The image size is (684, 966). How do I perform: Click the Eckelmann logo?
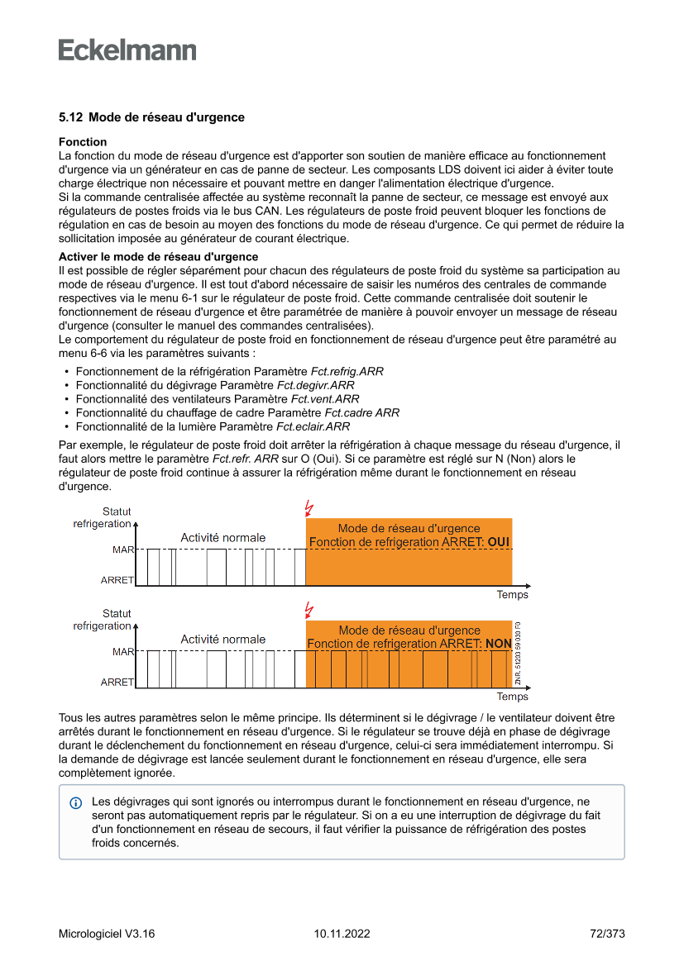point(127,50)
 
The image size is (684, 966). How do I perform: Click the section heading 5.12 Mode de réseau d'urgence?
point(151,117)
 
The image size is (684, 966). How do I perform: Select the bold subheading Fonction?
point(83,142)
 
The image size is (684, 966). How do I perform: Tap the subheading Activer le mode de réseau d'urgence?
point(158,257)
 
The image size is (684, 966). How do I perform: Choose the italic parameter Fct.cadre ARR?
point(361,413)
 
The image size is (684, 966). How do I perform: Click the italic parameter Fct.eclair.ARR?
point(313,427)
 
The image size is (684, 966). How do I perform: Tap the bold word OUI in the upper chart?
point(499,542)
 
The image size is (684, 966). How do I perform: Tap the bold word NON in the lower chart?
point(498,644)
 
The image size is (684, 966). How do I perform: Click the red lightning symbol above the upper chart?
point(309,507)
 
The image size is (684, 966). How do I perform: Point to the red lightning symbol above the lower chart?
point(309,610)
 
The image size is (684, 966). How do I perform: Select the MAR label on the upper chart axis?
point(123,549)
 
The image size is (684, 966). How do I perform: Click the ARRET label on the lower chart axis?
point(117,683)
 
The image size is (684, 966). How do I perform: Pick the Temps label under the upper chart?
point(512,595)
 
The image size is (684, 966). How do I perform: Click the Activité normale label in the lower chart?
point(223,640)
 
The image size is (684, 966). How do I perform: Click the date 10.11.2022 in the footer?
point(342,934)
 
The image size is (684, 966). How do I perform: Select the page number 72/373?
point(607,934)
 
